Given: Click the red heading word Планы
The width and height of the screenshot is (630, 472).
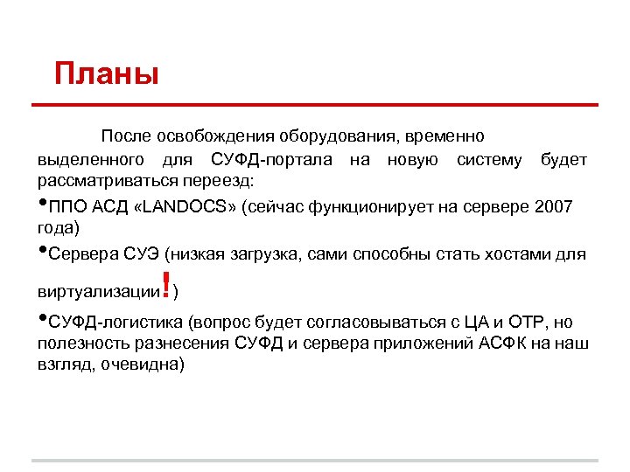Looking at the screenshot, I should (107, 73).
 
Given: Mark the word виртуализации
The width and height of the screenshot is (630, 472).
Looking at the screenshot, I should (95, 290).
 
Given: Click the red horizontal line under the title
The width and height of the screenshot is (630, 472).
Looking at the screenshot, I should (315, 106).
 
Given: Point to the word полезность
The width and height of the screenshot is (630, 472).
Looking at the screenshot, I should (80, 343).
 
